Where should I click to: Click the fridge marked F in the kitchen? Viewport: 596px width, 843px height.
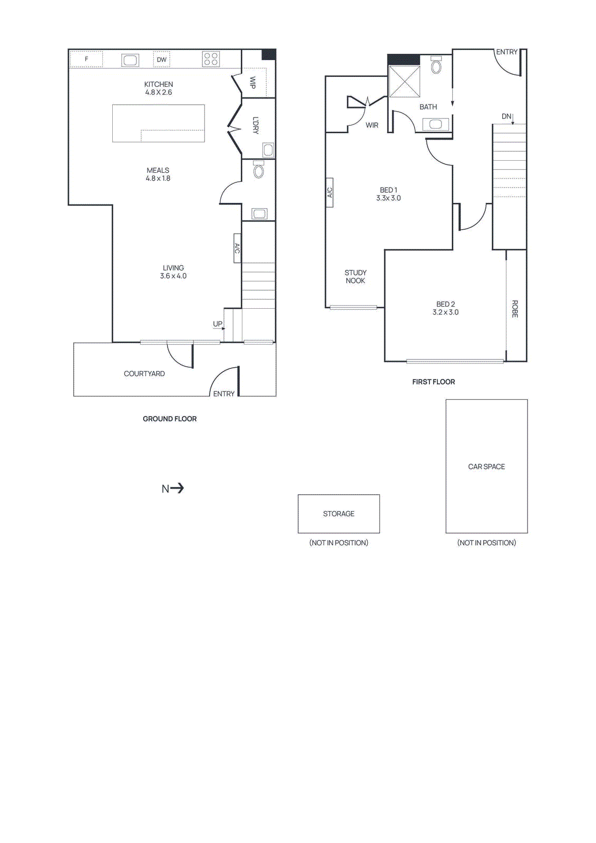[86, 59]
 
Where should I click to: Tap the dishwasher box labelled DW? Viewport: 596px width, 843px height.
[162, 60]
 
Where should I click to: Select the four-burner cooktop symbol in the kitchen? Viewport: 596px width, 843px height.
[211, 59]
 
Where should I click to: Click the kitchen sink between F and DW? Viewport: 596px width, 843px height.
[130, 60]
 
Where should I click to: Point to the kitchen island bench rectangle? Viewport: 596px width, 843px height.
[158, 123]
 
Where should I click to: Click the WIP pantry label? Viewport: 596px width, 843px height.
[252, 83]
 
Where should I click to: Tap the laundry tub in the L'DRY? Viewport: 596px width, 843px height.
[268, 150]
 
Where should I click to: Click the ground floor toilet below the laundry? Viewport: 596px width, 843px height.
[258, 170]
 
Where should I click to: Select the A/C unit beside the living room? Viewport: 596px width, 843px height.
[237, 248]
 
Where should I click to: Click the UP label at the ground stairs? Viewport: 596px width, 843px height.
[218, 324]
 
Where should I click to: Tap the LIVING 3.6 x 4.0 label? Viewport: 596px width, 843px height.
[173, 272]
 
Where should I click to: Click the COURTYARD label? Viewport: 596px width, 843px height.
[144, 374]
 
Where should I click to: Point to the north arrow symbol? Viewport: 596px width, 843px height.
[173, 488]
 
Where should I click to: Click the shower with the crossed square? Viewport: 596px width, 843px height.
[404, 82]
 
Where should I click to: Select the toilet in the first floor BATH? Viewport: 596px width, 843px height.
[436, 65]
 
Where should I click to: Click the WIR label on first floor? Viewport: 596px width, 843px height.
[372, 125]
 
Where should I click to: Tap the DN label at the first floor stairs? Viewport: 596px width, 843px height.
[506, 116]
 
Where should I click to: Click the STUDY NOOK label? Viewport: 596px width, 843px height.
[355, 277]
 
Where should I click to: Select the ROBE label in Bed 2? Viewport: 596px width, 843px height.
[515, 309]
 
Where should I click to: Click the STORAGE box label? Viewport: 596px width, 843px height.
[339, 514]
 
